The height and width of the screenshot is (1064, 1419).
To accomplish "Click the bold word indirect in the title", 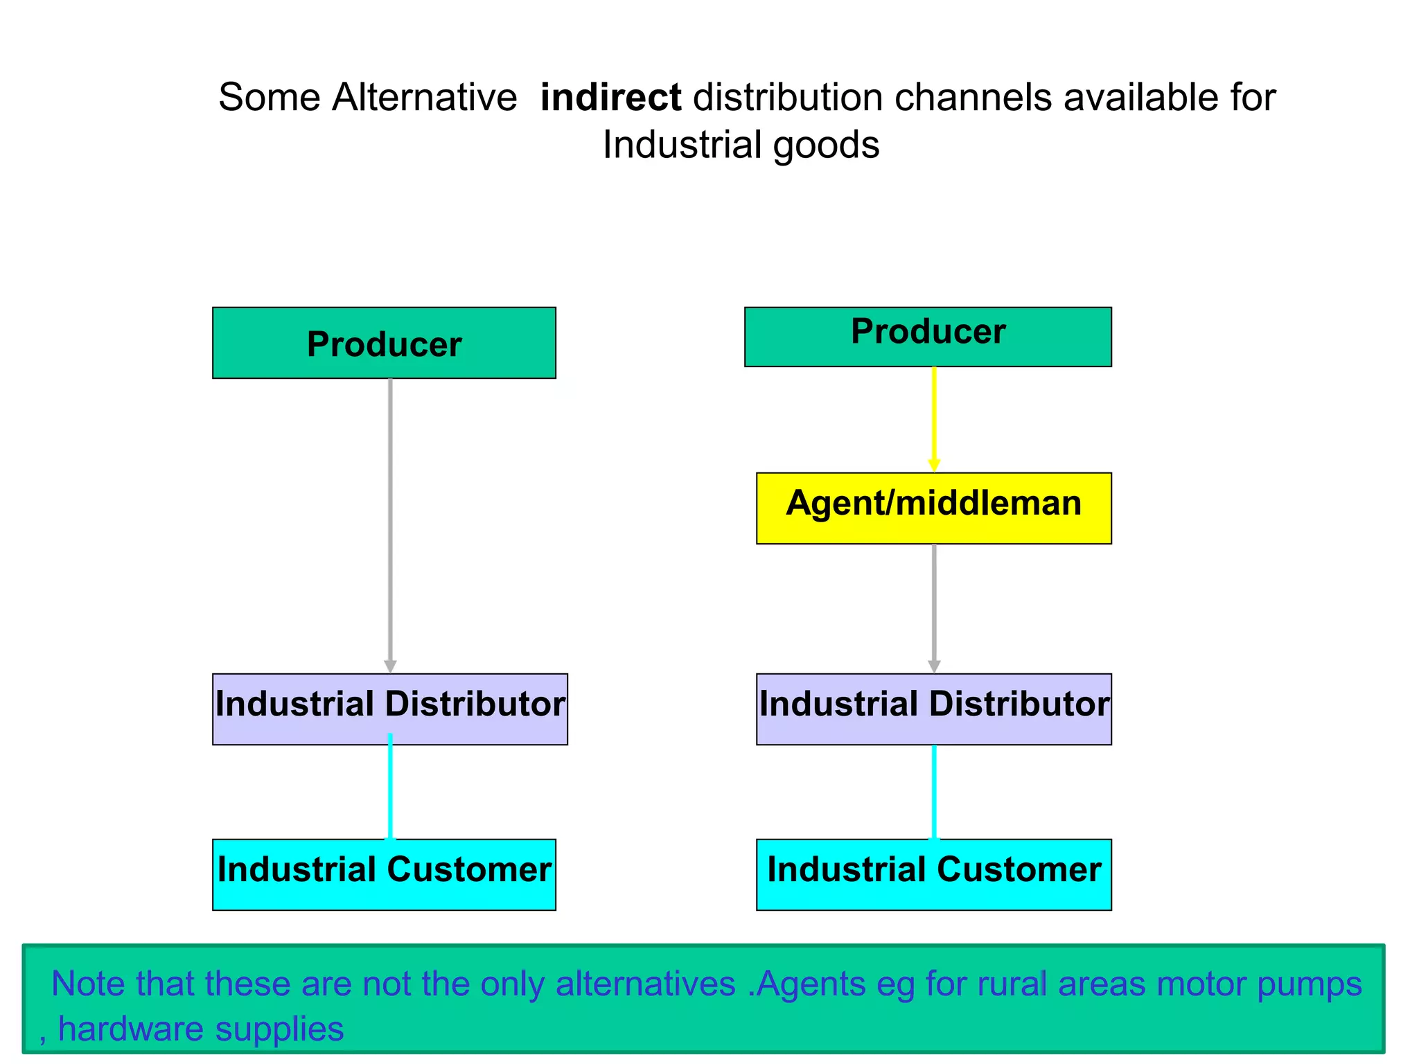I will pyautogui.click(x=610, y=97).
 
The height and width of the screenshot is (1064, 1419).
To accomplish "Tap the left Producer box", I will pyautogui.click(x=384, y=343).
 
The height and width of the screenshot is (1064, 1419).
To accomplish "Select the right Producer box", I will pyautogui.click(x=928, y=337).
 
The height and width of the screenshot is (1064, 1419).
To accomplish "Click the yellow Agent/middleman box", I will pyautogui.click(x=933, y=508).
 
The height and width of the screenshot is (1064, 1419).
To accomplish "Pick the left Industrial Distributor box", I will pyautogui.click(x=389, y=709).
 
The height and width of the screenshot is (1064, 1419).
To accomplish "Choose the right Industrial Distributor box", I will pyautogui.click(x=933, y=709).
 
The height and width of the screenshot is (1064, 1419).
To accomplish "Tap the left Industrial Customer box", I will pyautogui.click(x=384, y=874).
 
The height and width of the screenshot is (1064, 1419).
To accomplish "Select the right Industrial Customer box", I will pyautogui.click(x=933, y=874).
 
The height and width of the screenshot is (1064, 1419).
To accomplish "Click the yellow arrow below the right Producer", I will pyautogui.click(x=933, y=419).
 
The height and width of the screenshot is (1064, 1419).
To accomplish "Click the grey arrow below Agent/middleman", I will pyautogui.click(x=934, y=608).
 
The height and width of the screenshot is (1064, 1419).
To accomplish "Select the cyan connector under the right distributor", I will pyautogui.click(x=934, y=791).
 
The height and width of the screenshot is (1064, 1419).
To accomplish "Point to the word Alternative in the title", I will pyautogui.click(x=424, y=97).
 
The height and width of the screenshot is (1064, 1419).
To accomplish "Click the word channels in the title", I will pyautogui.click(x=973, y=97).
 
